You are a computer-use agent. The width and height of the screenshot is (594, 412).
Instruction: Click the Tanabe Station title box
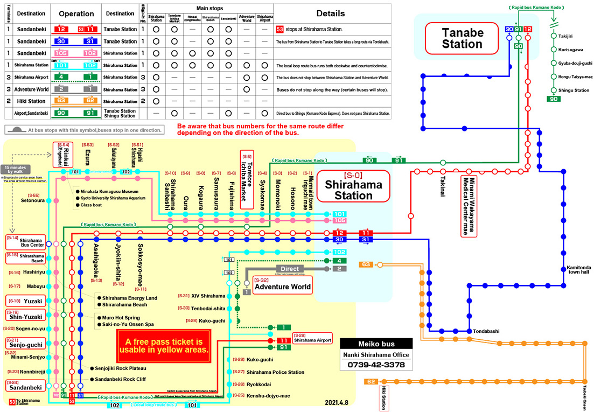pos(462,38)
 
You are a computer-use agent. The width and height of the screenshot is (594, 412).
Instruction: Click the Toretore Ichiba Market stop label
pos(246,180)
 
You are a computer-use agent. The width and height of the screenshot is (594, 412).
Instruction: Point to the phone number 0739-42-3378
pos(377,365)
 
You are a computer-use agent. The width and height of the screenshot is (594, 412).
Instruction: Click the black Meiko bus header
pos(377,344)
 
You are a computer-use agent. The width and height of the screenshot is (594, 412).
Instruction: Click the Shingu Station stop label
pos(574,90)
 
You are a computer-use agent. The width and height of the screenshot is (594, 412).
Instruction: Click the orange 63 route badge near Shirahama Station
pos(366,264)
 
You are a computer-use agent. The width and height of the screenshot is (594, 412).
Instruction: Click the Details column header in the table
pos(331,13)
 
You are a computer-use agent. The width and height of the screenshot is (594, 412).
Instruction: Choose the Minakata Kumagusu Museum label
pos(110,191)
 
